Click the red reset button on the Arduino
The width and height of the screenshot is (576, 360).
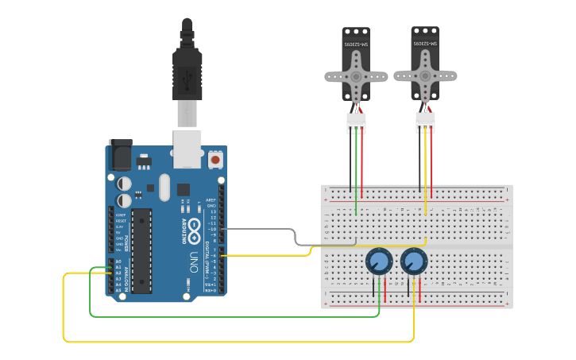[x=215, y=161]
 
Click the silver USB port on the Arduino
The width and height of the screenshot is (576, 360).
[x=187, y=149]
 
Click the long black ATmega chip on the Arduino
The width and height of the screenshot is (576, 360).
[x=141, y=250]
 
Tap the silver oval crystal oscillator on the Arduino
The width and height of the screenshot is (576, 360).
[x=164, y=188]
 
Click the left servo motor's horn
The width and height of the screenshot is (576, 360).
[x=355, y=77]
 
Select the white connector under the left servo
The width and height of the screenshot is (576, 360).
[x=356, y=122]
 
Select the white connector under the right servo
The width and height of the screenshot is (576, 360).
[x=425, y=122]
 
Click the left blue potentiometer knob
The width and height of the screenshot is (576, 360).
[x=379, y=261]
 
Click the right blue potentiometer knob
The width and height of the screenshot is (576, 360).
[x=413, y=261]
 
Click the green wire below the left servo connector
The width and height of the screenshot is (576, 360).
[x=356, y=175]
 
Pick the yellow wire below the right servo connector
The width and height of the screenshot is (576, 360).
[x=427, y=175]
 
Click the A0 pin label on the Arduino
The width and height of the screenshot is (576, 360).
[x=118, y=261]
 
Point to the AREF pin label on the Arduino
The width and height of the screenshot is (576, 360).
[x=211, y=200]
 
